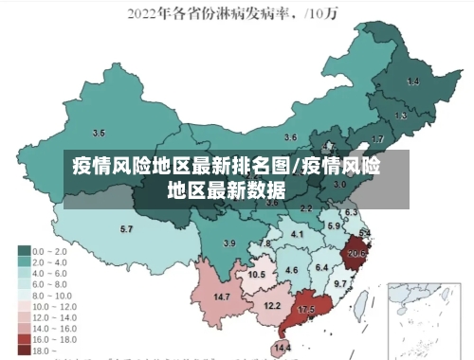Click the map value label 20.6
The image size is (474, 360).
pyautogui.click(x=356, y=253)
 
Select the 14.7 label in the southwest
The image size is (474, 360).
pyautogui.click(x=222, y=297)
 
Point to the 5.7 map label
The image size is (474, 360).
pyautogui.click(x=126, y=229)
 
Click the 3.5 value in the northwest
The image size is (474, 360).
pyautogui.click(x=99, y=133)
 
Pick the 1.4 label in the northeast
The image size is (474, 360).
pyautogui.click(x=412, y=82)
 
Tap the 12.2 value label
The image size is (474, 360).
pyautogui.click(x=272, y=306)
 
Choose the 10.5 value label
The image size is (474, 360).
pyautogui.click(x=256, y=275)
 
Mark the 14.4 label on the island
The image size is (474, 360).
pyautogui.click(x=282, y=348)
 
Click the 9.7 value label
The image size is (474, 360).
pyautogui.click(x=340, y=283)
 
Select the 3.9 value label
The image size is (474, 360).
pyautogui.click(x=228, y=243)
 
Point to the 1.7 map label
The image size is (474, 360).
pyautogui.click(x=377, y=139)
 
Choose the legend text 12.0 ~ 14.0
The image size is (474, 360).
pyautogui.click(x=54, y=317)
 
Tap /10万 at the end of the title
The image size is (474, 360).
pyautogui.click(x=327, y=14)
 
